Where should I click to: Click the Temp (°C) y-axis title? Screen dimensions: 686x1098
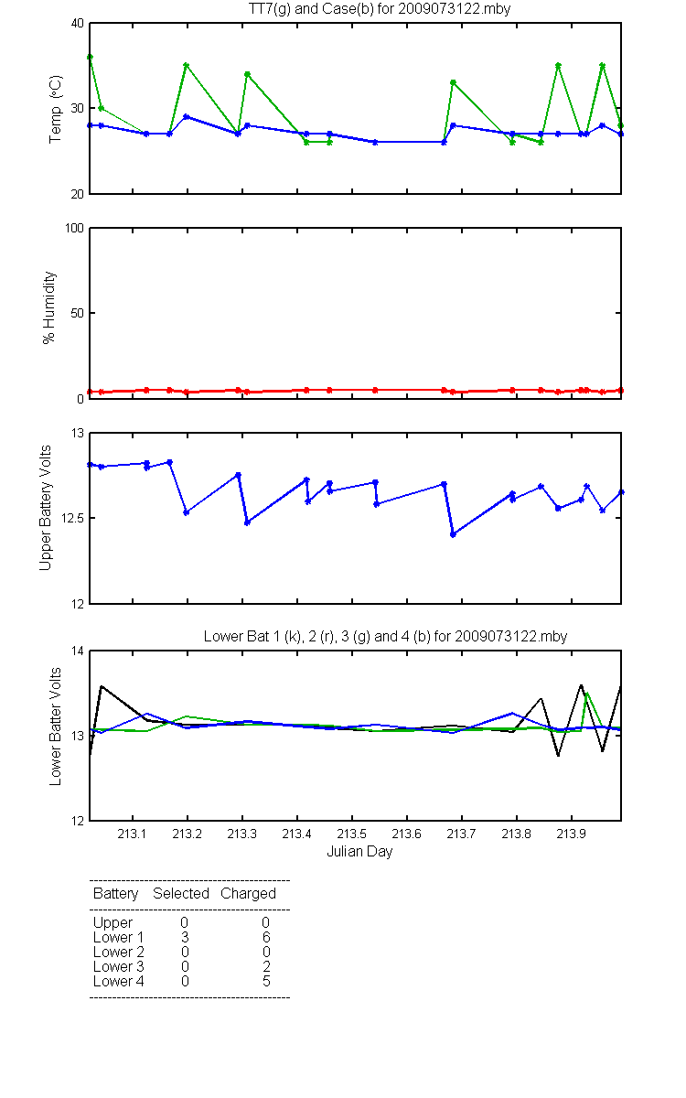(x=56, y=109)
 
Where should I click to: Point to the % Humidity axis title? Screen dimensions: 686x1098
(x=49, y=307)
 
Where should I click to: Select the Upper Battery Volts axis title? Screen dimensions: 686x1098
(x=45, y=508)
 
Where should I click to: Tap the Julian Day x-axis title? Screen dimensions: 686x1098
(x=359, y=852)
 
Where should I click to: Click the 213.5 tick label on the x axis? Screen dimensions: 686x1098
(x=352, y=834)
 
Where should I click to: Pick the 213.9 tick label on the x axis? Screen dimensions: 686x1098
(x=572, y=834)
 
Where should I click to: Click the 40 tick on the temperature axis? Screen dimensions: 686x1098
(x=78, y=24)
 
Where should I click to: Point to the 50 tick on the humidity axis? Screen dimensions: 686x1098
(x=78, y=313)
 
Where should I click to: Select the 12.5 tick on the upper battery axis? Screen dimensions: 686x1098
(x=72, y=518)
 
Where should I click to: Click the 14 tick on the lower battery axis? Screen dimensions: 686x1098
(x=78, y=651)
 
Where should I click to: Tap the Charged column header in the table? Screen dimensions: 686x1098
(x=248, y=894)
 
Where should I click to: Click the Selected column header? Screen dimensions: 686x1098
(x=181, y=894)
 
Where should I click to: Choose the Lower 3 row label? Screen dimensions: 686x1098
(x=119, y=966)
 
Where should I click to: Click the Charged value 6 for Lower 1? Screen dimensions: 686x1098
(x=266, y=937)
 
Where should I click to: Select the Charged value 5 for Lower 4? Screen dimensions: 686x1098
(x=266, y=981)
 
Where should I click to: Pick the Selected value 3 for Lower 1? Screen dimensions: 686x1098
(x=185, y=937)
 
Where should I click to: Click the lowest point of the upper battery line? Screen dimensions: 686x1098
(x=453, y=534)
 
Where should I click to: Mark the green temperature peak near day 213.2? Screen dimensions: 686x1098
(x=187, y=65)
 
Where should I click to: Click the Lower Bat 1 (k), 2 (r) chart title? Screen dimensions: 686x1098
(x=385, y=636)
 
